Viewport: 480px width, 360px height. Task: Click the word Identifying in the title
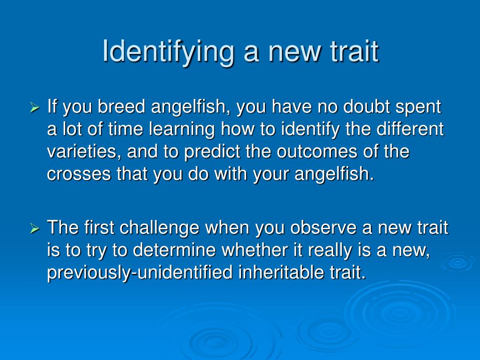tap(168, 52)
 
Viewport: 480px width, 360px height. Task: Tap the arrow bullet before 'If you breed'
tap(35, 107)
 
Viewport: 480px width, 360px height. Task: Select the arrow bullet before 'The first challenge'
tap(35, 228)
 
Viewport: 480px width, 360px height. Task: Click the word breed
tap(121, 106)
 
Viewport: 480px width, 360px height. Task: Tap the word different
tap(410, 129)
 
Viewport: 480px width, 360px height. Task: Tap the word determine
tap(174, 250)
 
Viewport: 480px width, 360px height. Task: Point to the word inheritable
tap(281, 272)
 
